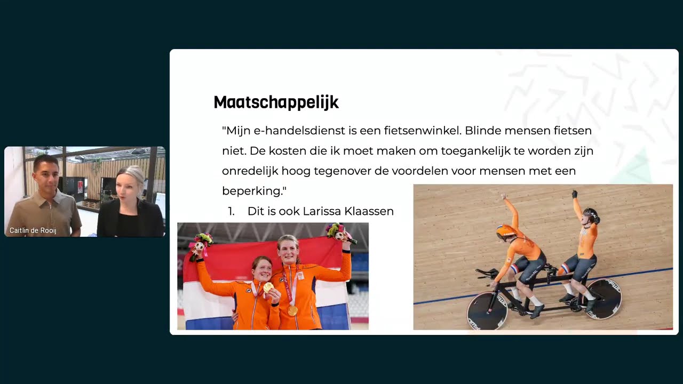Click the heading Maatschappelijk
pyautogui.click(x=276, y=102)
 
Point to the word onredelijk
pyautogui.click(x=250, y=171)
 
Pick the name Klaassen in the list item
pyautogui.click(x=368, y=211)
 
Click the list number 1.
pyautogui.click(x=231, y=211)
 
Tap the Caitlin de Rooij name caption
pyautogui.click(x=33, y=231)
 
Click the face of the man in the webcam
pyautogui.click(x=46, y=175)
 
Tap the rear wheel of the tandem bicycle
pyautogui.click(x=603, y=299)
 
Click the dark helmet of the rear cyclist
pyautogui.click(x=591, y=214)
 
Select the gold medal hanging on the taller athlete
pyautogui.click(x=292, y=310)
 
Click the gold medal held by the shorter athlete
pyautogui.click(x=268, y=287)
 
